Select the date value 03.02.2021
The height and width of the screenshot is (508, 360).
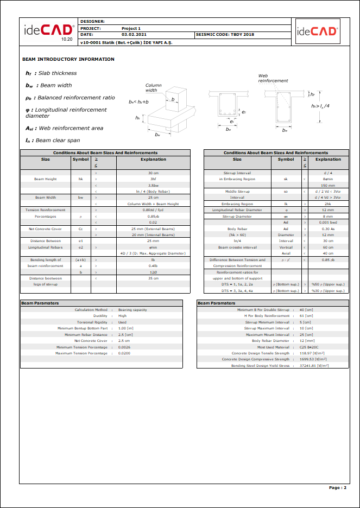132,35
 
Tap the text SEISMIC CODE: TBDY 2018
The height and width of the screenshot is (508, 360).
225,35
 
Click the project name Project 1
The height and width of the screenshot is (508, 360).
131,28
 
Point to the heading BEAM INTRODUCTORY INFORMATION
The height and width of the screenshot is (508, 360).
68,59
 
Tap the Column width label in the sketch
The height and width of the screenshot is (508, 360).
153,88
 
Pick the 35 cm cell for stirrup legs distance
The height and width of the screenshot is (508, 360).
153,278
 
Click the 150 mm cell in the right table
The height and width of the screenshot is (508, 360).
327,186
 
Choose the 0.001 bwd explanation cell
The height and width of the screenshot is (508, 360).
327,223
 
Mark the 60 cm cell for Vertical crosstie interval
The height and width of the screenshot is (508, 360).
327,247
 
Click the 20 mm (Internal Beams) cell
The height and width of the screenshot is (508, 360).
153,235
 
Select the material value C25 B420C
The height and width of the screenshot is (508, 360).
309,347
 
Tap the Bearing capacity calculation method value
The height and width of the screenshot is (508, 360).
132,309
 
